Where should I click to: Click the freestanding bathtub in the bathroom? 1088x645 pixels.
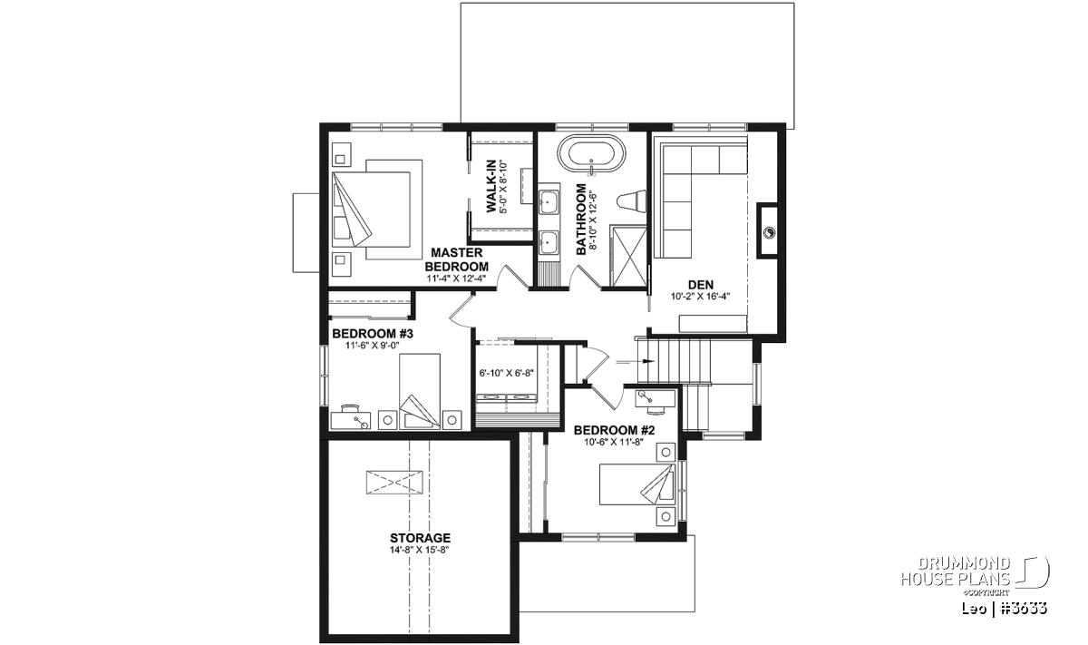coord(591,154)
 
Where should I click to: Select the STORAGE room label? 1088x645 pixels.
coord(420,538)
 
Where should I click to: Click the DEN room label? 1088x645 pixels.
coord(700,285)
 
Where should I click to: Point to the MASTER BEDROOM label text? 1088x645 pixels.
coord(457,259)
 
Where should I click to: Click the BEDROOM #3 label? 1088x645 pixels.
coord(373,334)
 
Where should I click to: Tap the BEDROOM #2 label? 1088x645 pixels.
coord(615,430)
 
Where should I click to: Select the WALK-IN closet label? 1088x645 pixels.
coord(491,186)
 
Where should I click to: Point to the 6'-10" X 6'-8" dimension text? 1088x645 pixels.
coord(507,373)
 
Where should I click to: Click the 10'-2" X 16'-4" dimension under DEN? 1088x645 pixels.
coord(700,296)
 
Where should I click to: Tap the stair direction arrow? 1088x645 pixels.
coord(636,362)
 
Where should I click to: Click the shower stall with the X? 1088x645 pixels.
coord(628,256)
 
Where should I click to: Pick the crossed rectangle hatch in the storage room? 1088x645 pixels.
coord(394,483)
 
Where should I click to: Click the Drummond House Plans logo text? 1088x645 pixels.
coord(956,572)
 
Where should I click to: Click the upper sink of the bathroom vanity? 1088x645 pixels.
coord(549,200)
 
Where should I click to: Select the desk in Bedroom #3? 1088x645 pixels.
coord(351,420)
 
